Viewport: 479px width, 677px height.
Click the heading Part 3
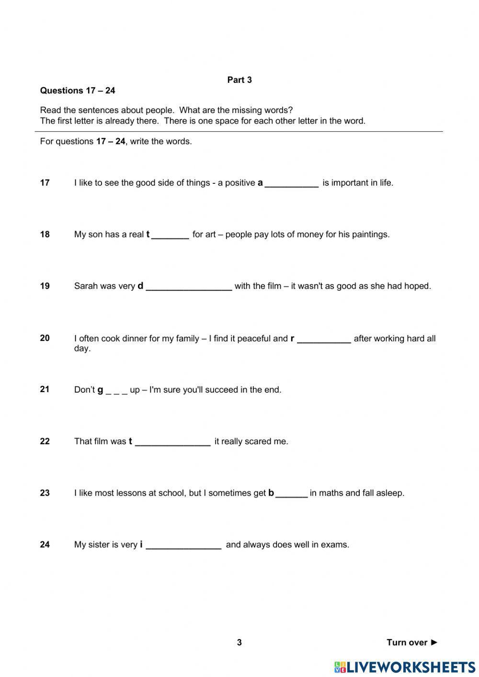[239, 80]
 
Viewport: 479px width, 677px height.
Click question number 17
[45, 182]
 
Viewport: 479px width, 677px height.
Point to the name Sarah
[85, 286]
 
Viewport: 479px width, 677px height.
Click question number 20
[45, 338]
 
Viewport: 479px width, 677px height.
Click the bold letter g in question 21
[100, 390]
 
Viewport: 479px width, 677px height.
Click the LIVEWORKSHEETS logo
[405, 666]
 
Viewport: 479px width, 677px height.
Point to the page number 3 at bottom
[239, 643]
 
